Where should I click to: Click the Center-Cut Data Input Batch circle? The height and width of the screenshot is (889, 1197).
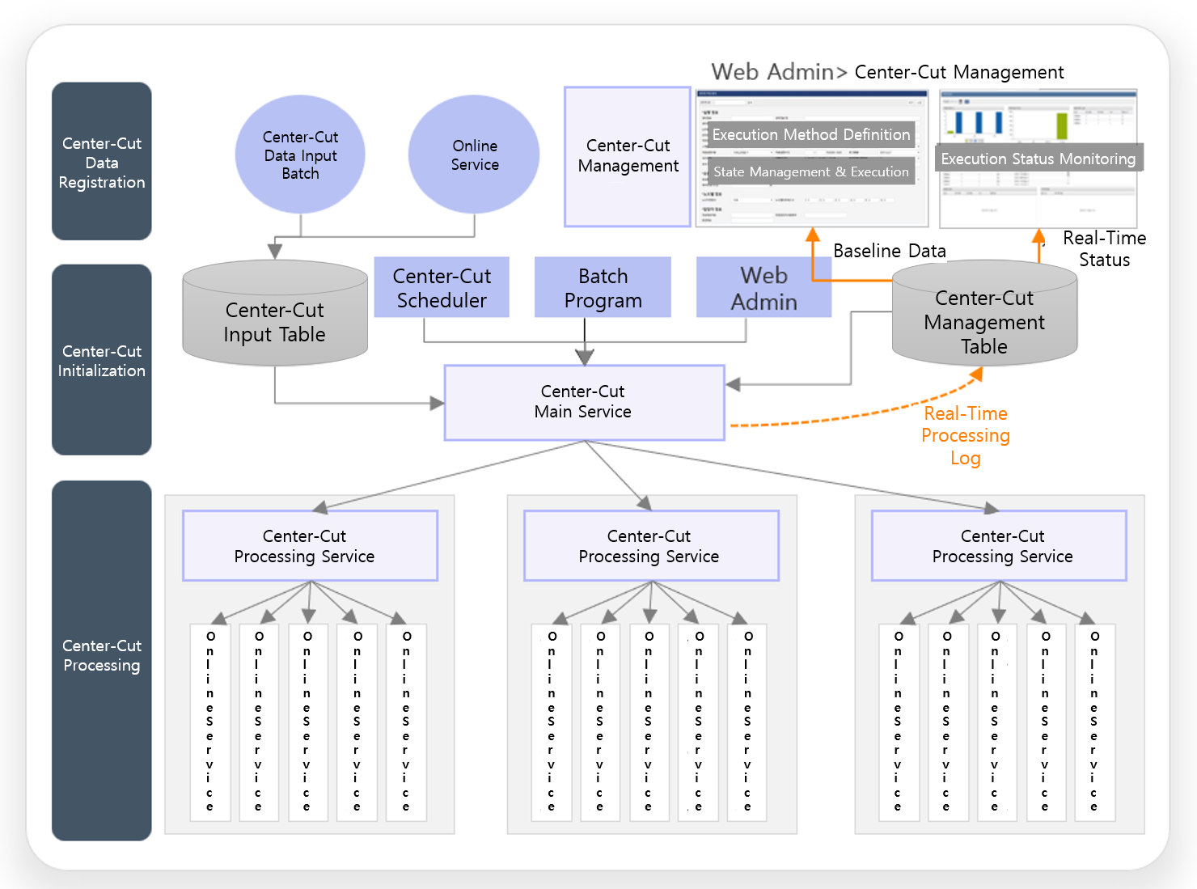pos(300,155)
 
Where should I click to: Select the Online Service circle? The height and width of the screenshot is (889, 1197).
pos(474,155)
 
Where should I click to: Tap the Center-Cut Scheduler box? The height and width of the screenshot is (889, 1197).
pos(442,287)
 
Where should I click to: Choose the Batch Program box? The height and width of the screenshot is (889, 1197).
pos(603,287)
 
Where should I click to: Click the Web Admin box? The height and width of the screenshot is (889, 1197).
pos(763,287)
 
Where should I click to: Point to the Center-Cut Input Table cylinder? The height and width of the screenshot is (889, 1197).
pos(275,321)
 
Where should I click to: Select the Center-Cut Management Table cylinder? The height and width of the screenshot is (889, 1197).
pos(984,321)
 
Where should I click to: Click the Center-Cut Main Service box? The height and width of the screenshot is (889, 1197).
pos(583,402)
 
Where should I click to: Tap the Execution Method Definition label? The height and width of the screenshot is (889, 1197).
pos(810,134)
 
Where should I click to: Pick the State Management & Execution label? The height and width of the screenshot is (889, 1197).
pos(810,171)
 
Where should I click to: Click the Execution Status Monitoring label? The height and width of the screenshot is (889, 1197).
pos(1038,159)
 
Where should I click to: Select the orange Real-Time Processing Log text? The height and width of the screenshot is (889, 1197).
pos(966,435)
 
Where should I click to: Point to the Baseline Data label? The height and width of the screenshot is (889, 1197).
pos(889,251)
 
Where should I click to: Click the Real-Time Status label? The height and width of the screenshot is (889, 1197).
pos(1104,248)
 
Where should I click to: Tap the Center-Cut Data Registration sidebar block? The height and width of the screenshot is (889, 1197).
pos(102,162)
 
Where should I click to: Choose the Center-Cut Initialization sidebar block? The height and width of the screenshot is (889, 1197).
pos(102,360)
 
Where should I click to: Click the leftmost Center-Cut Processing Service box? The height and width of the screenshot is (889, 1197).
pos(310,545)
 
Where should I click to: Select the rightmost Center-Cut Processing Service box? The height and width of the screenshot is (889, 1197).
pos(999,545)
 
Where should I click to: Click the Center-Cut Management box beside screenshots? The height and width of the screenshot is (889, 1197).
pos(628,156)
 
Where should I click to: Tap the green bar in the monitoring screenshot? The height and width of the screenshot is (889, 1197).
pos(1062,125)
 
